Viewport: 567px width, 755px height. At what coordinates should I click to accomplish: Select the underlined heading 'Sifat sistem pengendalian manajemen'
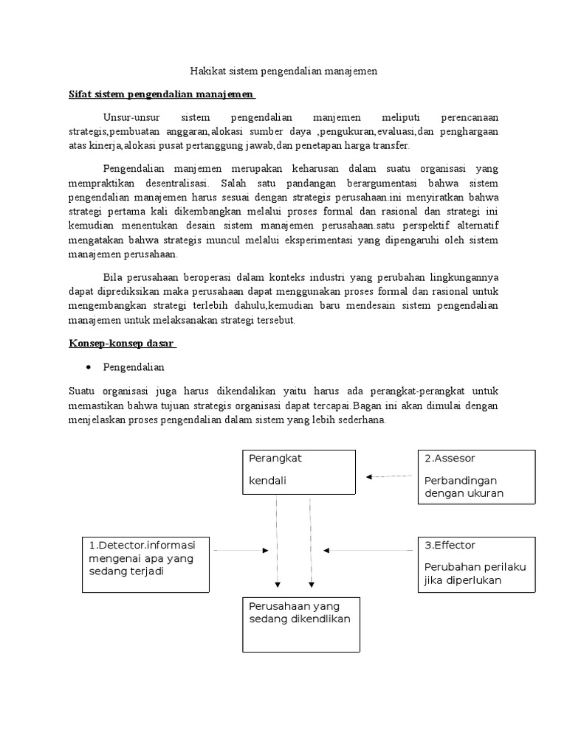point(162,95)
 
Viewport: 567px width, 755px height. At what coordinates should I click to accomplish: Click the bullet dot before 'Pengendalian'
point(88,367)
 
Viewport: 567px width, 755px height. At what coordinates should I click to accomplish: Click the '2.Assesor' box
point(476,476)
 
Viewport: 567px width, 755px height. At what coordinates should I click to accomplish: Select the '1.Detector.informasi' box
point(146,564)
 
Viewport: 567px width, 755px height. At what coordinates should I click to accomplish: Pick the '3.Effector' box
point(476,564)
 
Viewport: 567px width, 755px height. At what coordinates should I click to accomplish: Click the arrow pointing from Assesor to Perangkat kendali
point(391,477)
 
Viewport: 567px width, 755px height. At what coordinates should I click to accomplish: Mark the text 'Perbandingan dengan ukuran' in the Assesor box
point(464,487)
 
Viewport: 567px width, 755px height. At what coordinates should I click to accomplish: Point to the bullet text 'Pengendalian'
point(134,367)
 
